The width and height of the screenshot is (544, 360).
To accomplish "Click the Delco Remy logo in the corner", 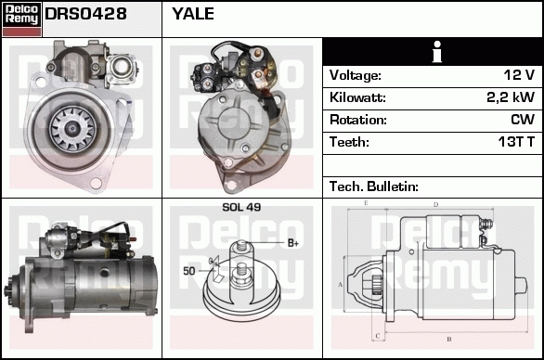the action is pyautogui.click(x=21, y=19).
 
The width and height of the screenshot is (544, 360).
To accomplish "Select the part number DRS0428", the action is pyautogui.click(x=85, y=14).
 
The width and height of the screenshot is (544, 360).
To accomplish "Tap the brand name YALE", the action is pyautogui.click(x=193, y=14).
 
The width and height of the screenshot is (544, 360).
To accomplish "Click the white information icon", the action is pyautogui.click(x=437, y=52).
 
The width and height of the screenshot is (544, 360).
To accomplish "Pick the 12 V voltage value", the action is pyautogui.click(x=519, y=75).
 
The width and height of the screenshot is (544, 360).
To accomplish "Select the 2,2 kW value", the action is pyautogui.click(x=511, y=97).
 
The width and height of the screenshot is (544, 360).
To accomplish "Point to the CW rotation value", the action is pyautogui.click(x=523, y=120).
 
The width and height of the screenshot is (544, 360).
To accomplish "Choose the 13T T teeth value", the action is pyautogui.click(x=516, y=142).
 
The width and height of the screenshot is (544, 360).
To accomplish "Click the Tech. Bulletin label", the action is pyautogui.click(x=374, y=186).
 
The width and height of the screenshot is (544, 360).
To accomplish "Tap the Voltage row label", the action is pyautogui.click(x=356, y=75).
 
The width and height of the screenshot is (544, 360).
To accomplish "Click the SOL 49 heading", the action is pyautogui.click(x=241, y=207).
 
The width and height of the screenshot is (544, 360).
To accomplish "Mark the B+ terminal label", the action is pyautogui.click(x=293, y=243).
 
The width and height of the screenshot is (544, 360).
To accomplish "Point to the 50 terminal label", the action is pyautogui.click(x=189, y=271).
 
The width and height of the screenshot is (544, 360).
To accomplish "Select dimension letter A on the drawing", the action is pyautogui.click(x=340, y=285).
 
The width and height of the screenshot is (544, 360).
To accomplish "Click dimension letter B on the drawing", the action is pyautogui.click(x=449, y=339).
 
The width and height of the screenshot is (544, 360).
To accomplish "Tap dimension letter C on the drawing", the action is pyautogui.click(x=378, y=336).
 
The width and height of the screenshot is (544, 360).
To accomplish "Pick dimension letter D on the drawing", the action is pyautogui.click(x=435, y=205).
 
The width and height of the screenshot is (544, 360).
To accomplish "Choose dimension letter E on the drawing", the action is pyautogui.click(x=366, y=203).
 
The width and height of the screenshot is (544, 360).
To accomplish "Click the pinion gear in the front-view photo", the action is pyautogui.click(x=72, y=129).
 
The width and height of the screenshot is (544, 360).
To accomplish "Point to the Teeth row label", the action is pyautogui.click(x=349, y=142).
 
